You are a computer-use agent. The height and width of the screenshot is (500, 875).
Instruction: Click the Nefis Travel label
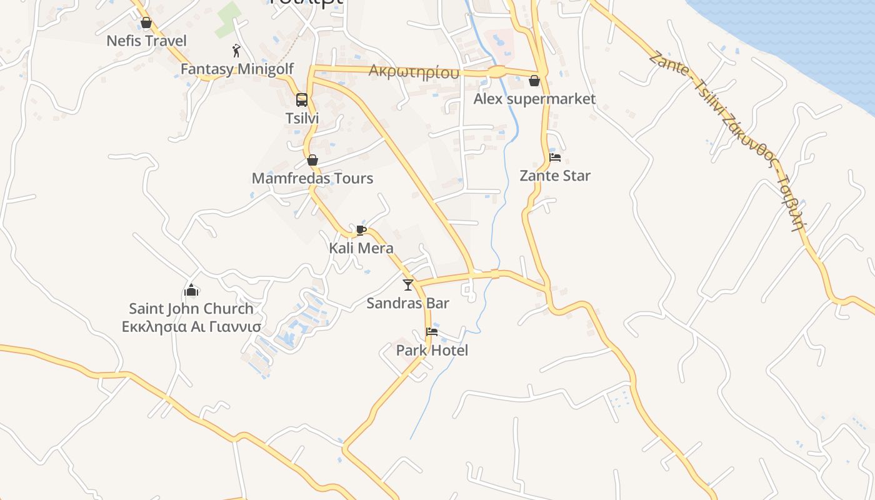click(x=146, y=41)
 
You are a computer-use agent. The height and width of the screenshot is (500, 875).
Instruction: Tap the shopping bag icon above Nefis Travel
click(x=146, y=23)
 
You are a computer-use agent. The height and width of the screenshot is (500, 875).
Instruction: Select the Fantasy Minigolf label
click(x=237, y=69)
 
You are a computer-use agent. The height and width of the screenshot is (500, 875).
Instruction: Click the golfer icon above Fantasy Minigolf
click(x=236, y=51)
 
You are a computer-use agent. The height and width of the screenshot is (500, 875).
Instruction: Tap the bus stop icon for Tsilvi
click(x=302, y=100)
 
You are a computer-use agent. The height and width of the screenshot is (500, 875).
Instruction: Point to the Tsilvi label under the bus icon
click(x=302, y=118)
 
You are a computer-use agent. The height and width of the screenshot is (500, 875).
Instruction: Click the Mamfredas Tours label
click(x=312, y=178)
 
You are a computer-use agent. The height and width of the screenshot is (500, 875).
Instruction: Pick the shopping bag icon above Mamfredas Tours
click(x=312, y=161)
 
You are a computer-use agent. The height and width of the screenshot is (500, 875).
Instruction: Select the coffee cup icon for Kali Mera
click(x=361, y=230)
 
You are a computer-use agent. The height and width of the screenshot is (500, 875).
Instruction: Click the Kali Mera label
click(x=361, y=248)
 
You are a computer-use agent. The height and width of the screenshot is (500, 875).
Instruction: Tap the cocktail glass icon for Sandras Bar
click(x=408, y=285)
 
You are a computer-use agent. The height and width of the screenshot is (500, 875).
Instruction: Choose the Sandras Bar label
click(x=407, y=304)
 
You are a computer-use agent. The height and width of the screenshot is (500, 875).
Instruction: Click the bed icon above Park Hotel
click(x=431, y=332)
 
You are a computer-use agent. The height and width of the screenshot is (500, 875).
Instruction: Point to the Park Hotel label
click(x=432, y=351)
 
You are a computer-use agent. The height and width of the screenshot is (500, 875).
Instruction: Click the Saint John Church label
click(x=191, y=309)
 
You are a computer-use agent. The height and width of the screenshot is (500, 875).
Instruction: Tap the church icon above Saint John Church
click(x=191, y=290)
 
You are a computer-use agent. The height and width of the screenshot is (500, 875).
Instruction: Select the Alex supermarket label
click(x=534, y=99)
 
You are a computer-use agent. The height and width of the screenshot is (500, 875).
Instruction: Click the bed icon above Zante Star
click(x=554, y=157)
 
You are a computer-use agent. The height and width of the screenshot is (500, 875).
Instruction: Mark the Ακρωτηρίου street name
click(x=414, y=72)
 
